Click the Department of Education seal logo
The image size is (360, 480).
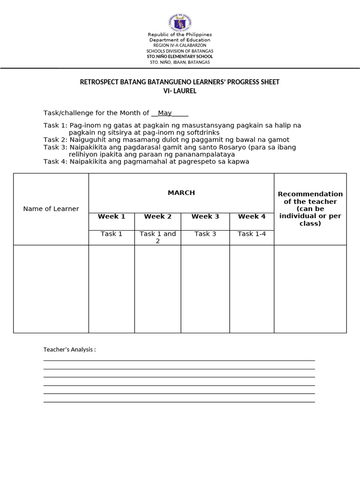(180, 22)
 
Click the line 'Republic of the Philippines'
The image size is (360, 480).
(180, 35)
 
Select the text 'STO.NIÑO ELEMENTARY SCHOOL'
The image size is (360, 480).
(180, 57)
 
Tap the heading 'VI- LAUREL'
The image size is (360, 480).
(180, 91)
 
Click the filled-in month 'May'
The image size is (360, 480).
(165, 113)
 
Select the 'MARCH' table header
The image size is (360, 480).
(181, 193)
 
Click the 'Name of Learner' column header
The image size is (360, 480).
(51, 209)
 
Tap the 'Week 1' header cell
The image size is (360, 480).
(112, 217)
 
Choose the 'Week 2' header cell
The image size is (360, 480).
(158, 217)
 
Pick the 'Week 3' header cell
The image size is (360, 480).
(205, 217)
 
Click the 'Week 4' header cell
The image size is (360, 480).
(252, 217)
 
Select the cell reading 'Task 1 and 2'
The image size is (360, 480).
(158, 237)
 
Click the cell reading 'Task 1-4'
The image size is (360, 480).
(252, 234)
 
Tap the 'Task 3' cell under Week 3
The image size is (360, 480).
(205, 234)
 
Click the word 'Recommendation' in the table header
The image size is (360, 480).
(310, 194)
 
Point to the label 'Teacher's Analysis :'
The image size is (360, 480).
(69, 350)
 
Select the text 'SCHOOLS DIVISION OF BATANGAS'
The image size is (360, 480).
(180, 51)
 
